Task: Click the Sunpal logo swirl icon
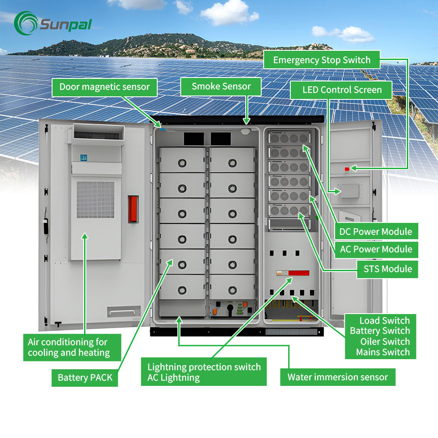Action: point(26,23)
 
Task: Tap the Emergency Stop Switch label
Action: point(322,60)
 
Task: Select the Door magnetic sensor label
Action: point(105,87)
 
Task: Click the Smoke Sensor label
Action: point(221,86)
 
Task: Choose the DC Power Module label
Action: point(376,232)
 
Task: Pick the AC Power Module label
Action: point(376,249)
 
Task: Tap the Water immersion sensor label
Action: point(338,377)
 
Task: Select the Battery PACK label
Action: point(85,378)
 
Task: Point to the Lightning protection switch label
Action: point(204,367)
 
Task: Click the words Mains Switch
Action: point(383,352)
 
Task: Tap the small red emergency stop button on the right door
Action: point(347,169)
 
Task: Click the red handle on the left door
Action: point(133,209)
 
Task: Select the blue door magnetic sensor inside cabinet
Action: point(163,129)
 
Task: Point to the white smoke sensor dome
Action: point(245,131)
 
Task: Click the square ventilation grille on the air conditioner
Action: point(95,199)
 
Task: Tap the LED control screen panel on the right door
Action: point(350,191)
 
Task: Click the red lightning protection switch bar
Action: point(298,273)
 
